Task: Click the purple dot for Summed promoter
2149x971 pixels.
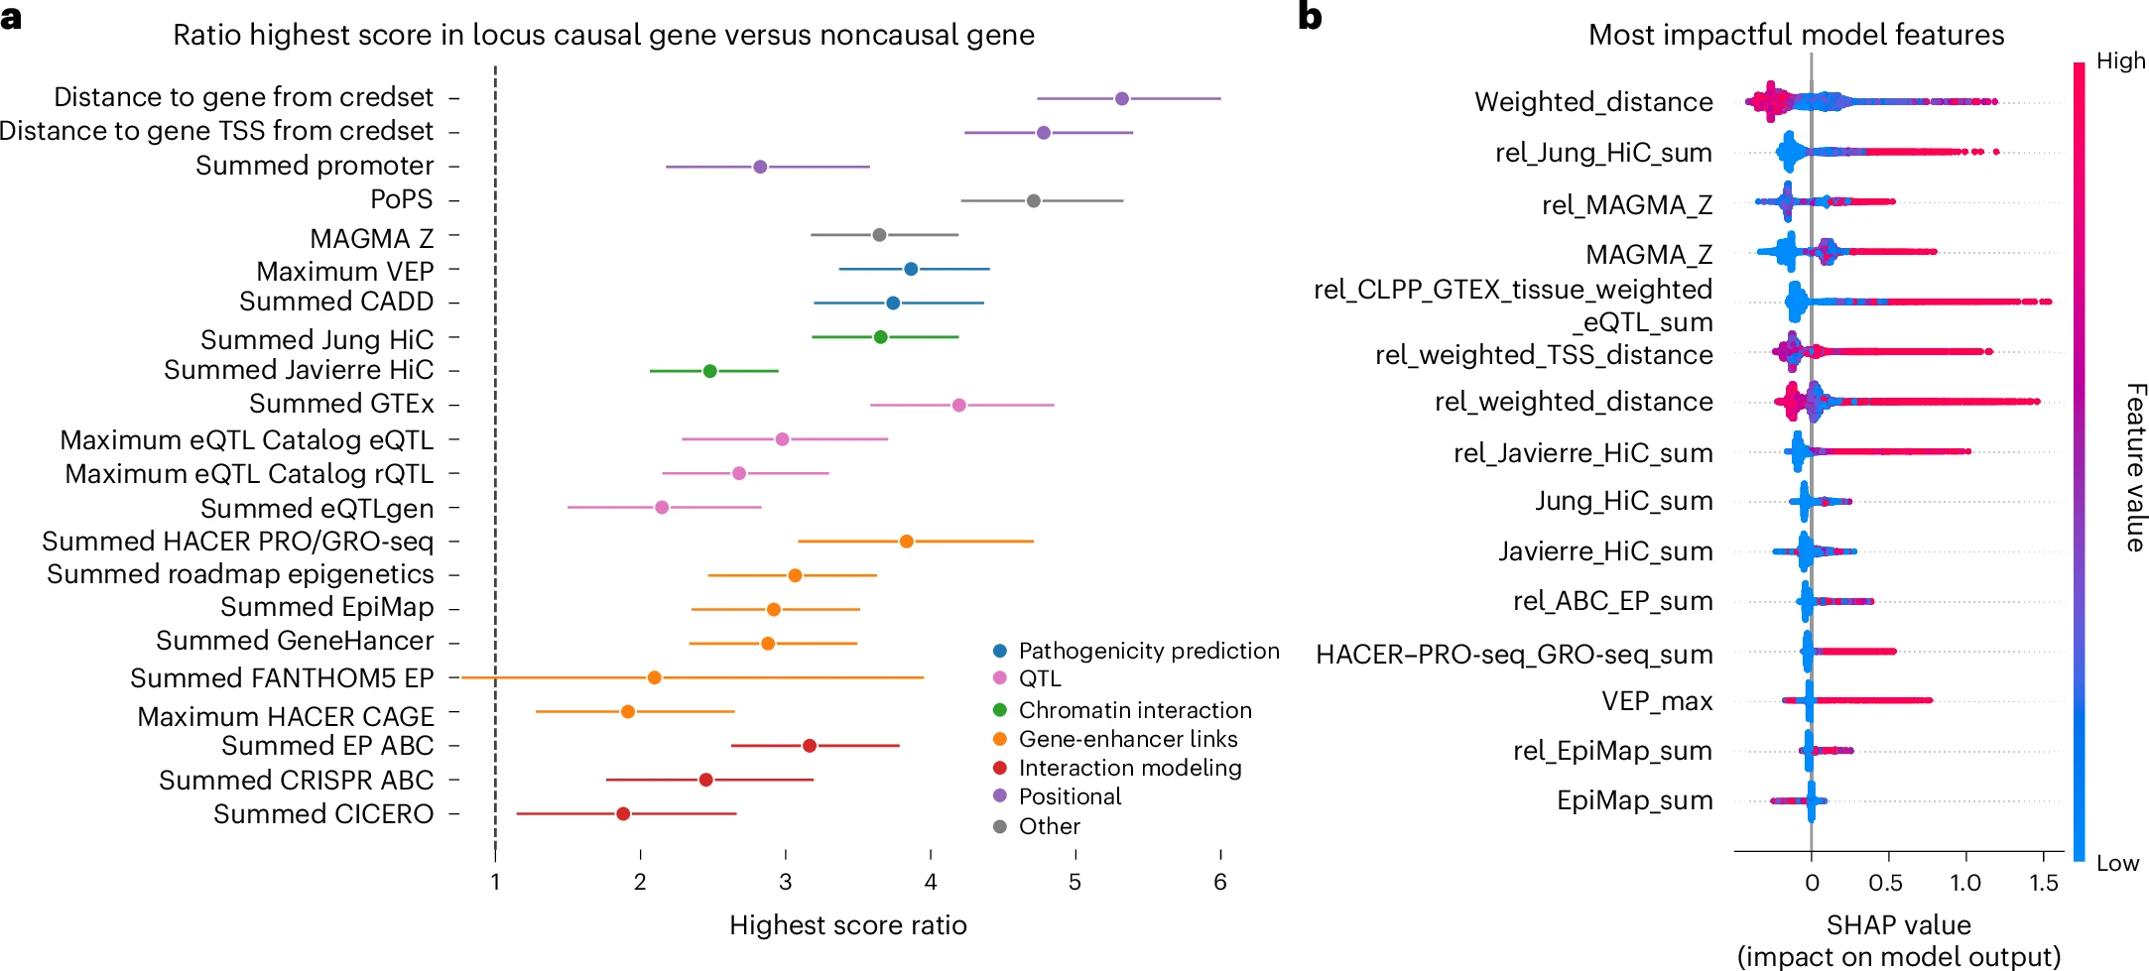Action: point(760,167)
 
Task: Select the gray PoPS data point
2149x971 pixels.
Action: point(1033,201)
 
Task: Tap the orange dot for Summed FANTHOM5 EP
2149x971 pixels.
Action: point(654,677)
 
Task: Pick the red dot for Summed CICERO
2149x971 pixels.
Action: point(623,814)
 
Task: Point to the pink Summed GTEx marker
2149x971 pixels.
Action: point(958,405)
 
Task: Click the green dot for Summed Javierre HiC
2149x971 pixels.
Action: point(709,371)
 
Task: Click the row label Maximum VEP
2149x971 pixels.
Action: point(344,271)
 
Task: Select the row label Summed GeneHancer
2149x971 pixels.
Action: point(295,641)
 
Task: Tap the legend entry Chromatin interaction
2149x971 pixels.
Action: point(1134,710)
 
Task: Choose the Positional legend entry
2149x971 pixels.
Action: point(1070,796)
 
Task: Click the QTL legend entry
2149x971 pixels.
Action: point(1039,678)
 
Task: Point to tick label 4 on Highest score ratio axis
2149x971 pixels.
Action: point(931,882)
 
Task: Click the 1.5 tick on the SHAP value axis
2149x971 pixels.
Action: point(2043,883)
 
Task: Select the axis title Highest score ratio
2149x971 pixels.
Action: point(847,925)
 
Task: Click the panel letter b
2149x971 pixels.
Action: point(1310,17)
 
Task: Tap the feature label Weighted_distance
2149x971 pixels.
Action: point(1593,102)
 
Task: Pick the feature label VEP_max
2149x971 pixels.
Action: point(1657,701)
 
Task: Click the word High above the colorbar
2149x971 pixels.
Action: point(2120,61)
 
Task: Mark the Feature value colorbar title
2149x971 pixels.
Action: point(2134,467)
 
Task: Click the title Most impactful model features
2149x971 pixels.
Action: point(1796,35)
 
